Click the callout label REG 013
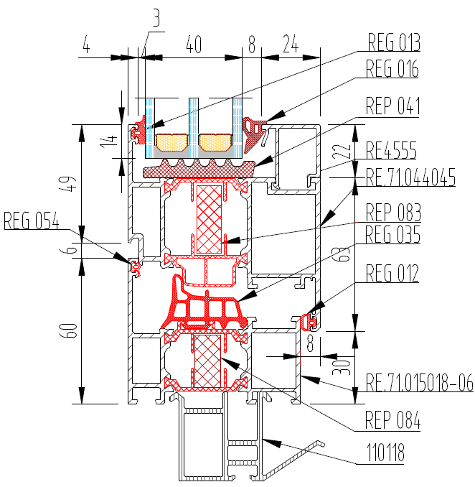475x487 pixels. coord(394,42)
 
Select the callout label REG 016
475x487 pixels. coord(392,68)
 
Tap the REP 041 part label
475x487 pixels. coord(392,106)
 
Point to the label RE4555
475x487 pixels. coord(391,150)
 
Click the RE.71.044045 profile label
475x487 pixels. coord(410,177)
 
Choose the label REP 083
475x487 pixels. coord(393,213)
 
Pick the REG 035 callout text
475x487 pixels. coord(392,234)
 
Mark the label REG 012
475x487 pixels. coord(392,274)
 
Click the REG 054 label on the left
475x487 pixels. coord(32,221)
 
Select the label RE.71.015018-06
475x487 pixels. coord(420,382)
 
